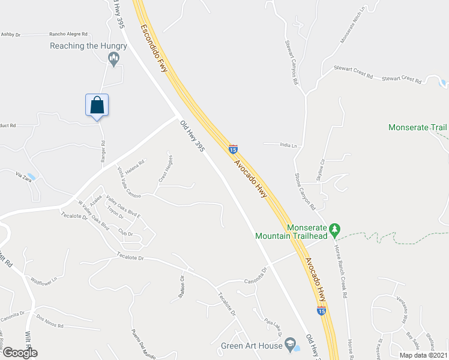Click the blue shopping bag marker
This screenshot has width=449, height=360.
coord(97,106)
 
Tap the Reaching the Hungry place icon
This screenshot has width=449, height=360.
coord(113,58)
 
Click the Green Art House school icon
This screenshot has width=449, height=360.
coord(291,344)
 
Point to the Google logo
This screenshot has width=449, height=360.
coord(20,353)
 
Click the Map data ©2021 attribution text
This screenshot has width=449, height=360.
coord(423,355)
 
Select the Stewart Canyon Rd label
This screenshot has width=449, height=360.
coord(295,62)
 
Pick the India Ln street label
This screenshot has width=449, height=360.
coord(289,145)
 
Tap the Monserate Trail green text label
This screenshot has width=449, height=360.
coord(418,127)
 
